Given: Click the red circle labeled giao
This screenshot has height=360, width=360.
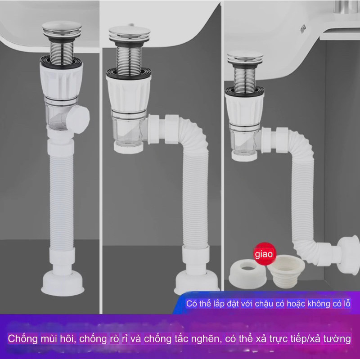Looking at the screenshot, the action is point(264,254).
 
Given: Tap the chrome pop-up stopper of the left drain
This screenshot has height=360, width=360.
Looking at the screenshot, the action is point(62,29).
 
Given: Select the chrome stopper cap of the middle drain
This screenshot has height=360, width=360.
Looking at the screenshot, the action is point(129,32).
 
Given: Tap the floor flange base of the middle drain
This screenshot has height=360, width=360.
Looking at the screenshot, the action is point(196,282).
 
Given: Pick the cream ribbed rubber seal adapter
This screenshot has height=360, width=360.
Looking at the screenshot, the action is point(286,271).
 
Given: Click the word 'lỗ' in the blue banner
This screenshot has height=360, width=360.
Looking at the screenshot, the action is point(347,303).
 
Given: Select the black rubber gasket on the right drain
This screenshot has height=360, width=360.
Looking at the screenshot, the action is point(244,91).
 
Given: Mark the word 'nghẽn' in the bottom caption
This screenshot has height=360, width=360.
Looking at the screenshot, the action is point(204,339).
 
